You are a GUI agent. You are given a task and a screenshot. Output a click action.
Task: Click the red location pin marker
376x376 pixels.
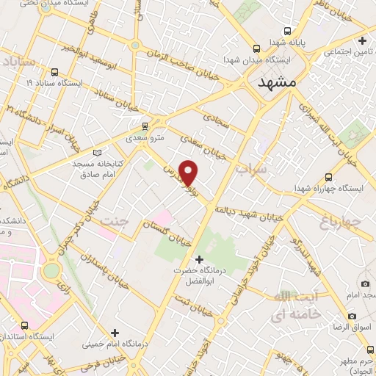189,173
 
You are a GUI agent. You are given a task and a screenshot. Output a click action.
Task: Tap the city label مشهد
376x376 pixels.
277,83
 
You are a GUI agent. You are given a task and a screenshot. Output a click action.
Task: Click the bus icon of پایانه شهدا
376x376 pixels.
288,31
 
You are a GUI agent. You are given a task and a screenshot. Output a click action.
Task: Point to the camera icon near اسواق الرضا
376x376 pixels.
365,284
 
